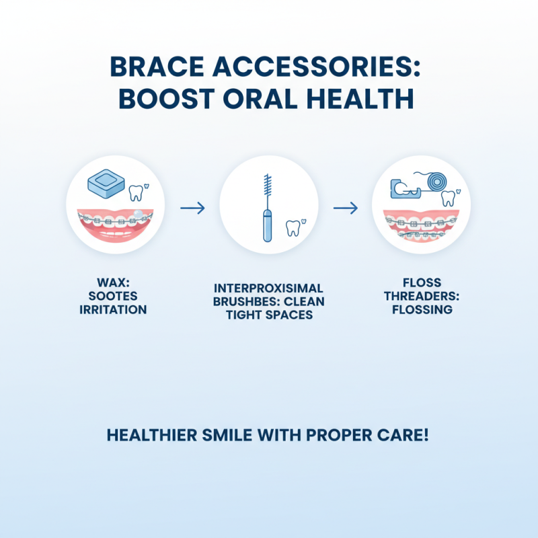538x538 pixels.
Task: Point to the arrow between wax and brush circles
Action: point(192,208)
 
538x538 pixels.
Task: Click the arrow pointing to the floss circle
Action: point(346,208)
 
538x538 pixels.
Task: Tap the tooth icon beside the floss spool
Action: point(448,198)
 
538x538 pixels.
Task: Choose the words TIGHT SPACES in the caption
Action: point(268,315)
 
